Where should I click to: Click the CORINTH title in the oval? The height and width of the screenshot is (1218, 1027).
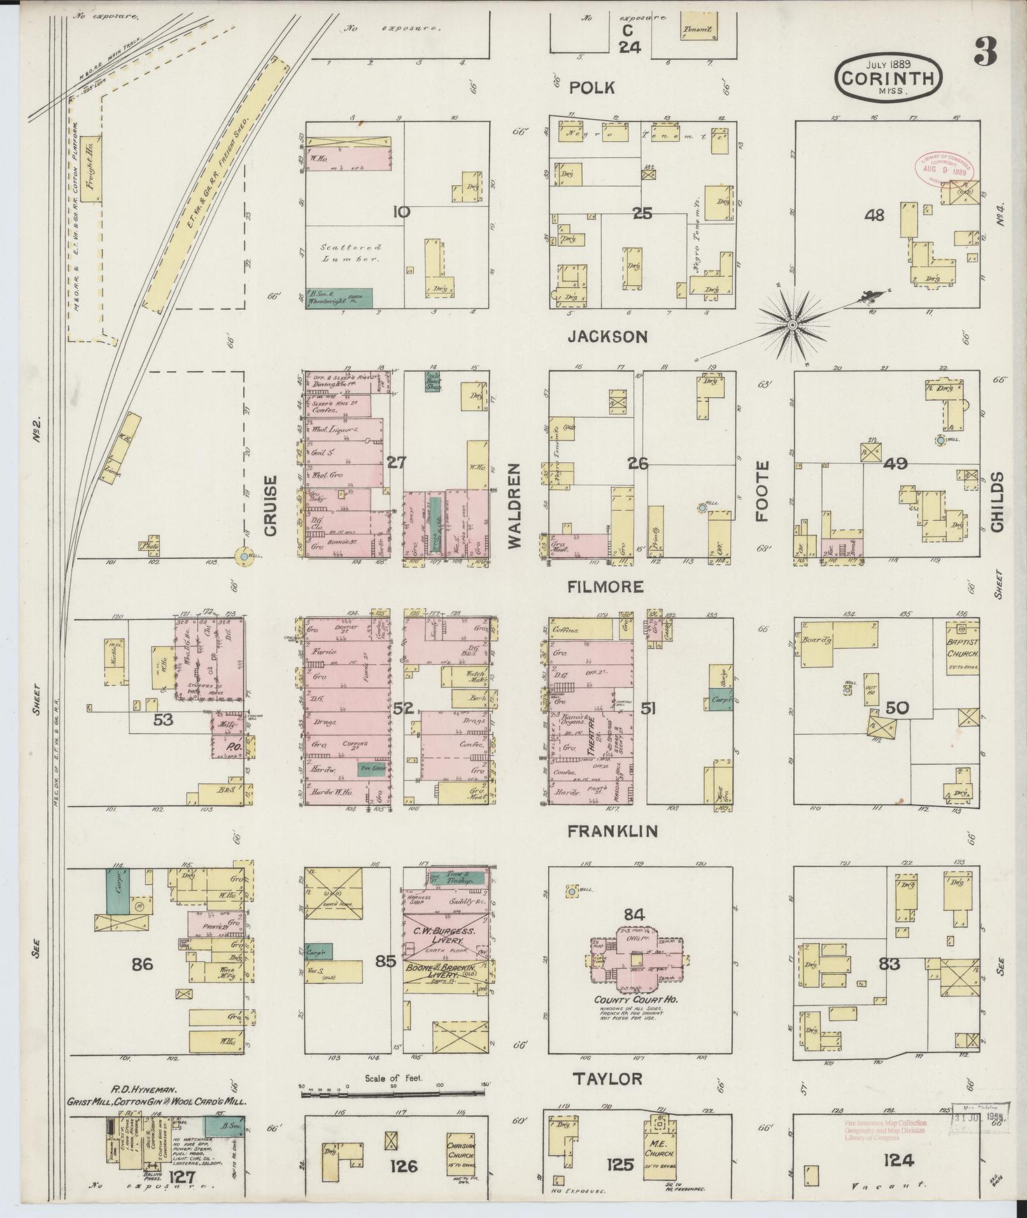[x=889, y=78]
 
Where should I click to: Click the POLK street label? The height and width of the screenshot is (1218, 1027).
[x=591, y=88]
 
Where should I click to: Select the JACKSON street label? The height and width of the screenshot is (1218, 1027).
[x=607, y=336]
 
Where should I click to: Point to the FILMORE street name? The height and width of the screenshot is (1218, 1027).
[x=606, y=586]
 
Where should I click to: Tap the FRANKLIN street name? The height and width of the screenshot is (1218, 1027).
[x=613, y=831]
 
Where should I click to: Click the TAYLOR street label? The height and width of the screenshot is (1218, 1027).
[x=607, y=1078]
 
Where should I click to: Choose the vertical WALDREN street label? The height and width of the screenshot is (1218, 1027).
[x=514, y=506]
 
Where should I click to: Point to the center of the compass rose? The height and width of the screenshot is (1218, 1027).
[x=793, y=325]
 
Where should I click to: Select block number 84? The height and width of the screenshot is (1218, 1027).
[x=634, y=916]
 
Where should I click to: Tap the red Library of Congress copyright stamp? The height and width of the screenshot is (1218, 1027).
[x=942, y=168]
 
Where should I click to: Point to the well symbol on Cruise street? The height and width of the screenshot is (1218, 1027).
[x=243, y=557]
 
